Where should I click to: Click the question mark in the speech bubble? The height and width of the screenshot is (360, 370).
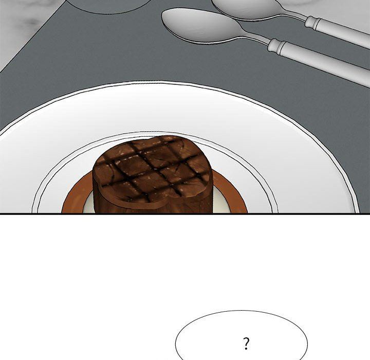pos(246,344)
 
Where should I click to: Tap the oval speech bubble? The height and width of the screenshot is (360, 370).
pos(242,335)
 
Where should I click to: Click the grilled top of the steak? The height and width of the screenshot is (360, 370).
pos(151,170)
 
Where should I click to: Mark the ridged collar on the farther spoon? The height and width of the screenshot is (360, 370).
pos(312,22)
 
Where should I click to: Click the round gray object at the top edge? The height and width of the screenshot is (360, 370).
pos(108,6)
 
